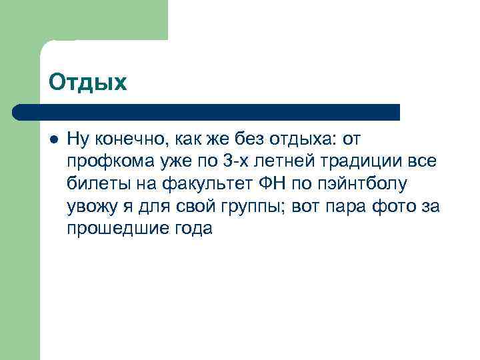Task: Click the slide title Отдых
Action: point(87,82)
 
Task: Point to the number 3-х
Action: point(228,161)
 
